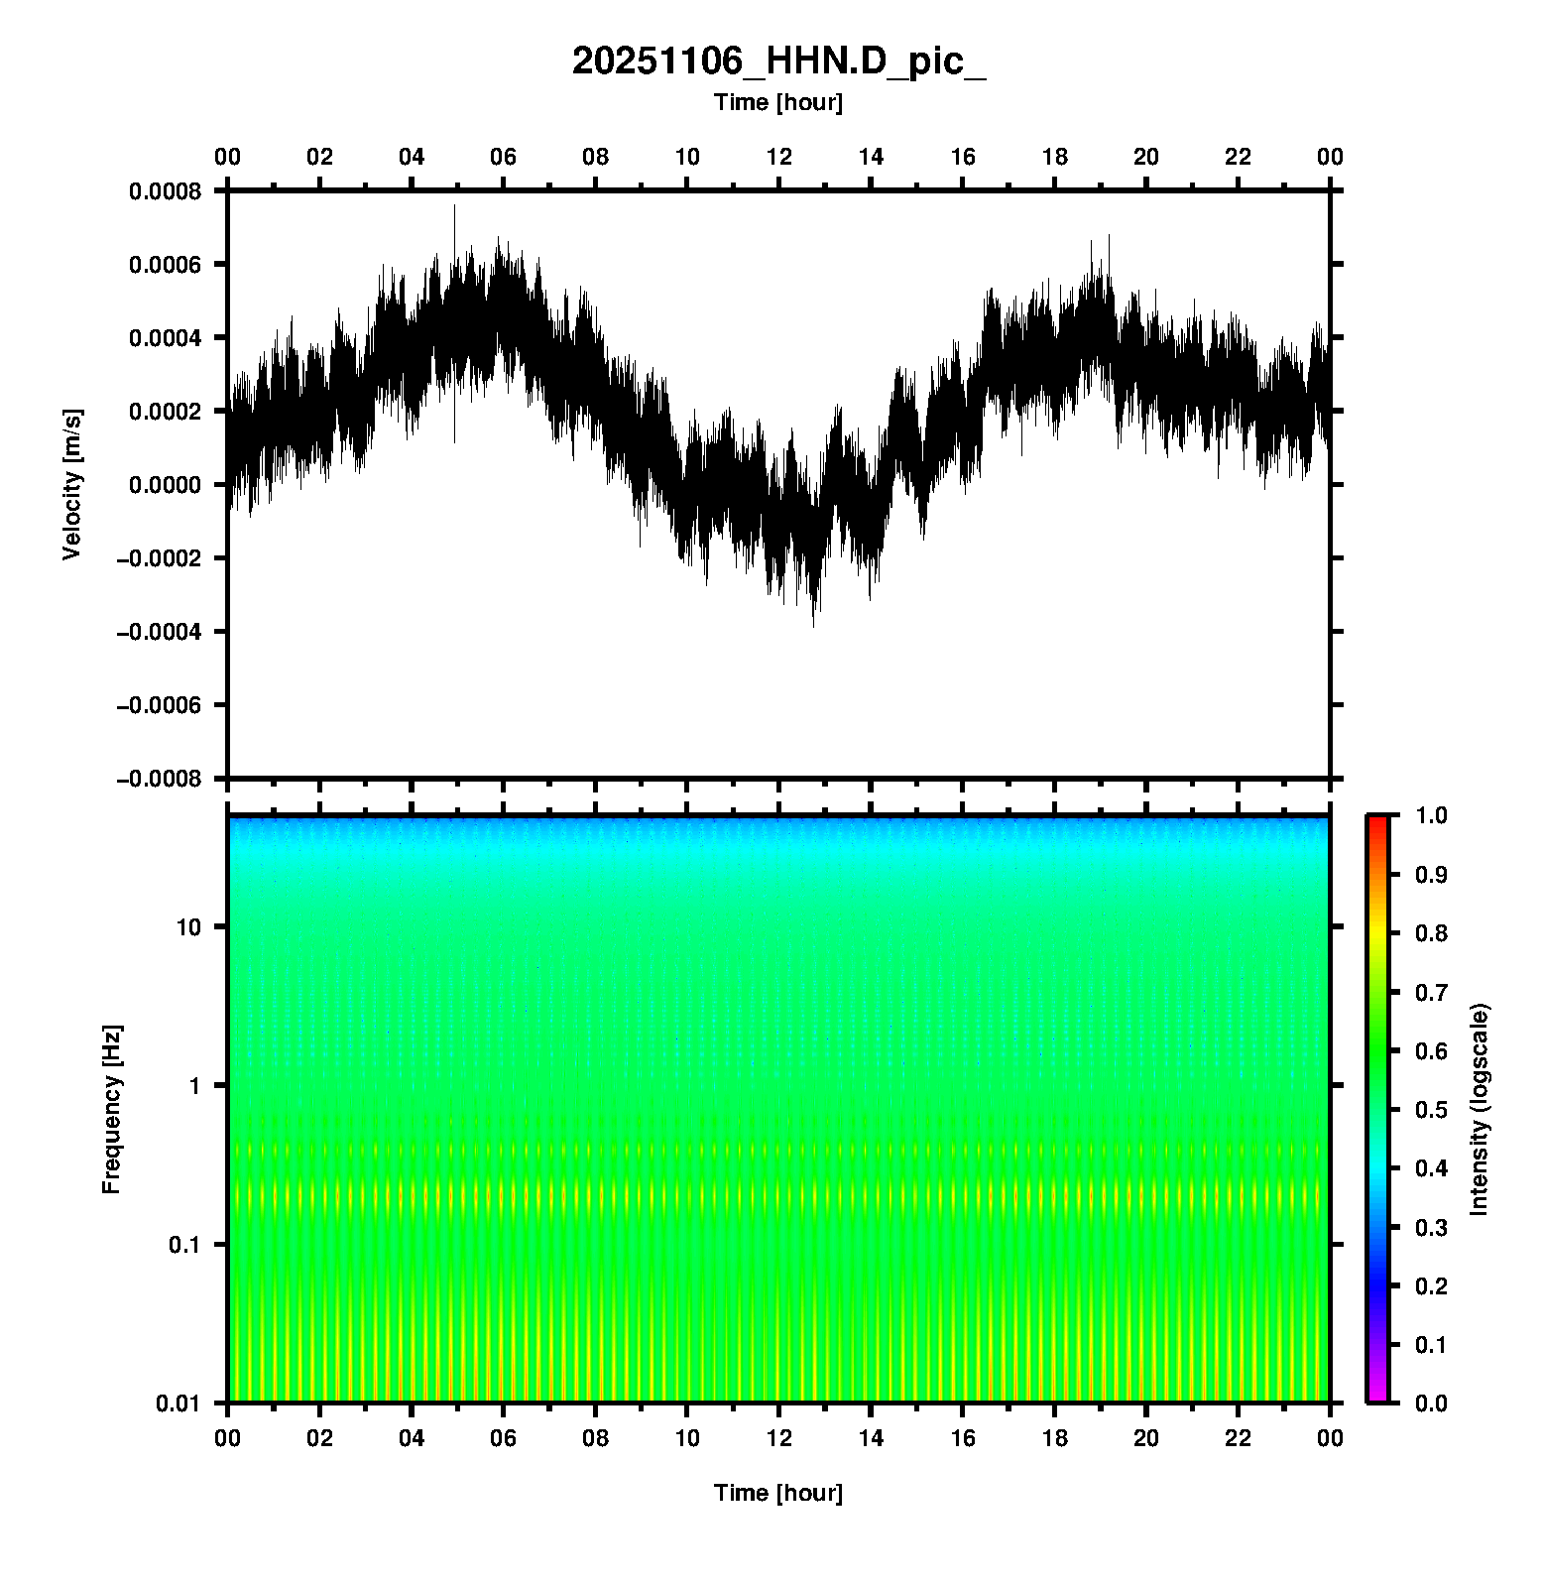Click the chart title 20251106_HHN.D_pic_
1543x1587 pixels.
[x=778, y=61]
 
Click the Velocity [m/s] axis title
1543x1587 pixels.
[x=71, y=484]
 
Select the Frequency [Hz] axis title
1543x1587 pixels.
[x=111, y=1110]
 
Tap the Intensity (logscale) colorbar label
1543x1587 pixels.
[x=1480, y=1109]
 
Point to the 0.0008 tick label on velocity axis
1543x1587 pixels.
[x=165, y=190]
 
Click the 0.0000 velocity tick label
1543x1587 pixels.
[x=165, y=485]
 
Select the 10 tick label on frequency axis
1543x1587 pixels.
[x=188, y=927]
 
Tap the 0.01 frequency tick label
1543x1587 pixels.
[x=178, y=1404]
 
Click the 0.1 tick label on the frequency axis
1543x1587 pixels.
[x=184, y=1245]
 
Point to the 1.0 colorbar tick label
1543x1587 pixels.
[x=1433, y=815]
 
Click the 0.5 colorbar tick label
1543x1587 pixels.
[x=1433, y=1110]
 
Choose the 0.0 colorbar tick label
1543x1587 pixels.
[x=1433, y=1404]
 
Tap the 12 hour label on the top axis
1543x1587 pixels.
[x=779, y=157]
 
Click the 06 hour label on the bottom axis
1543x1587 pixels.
[x=504, y=1438]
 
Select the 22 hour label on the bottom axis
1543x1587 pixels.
[x=1239, y=1438]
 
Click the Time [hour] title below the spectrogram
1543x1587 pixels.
[x=778, y=1493]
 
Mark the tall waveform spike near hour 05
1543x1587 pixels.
[x=455, y=213]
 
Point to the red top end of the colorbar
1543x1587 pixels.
[x=1377, y=821]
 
